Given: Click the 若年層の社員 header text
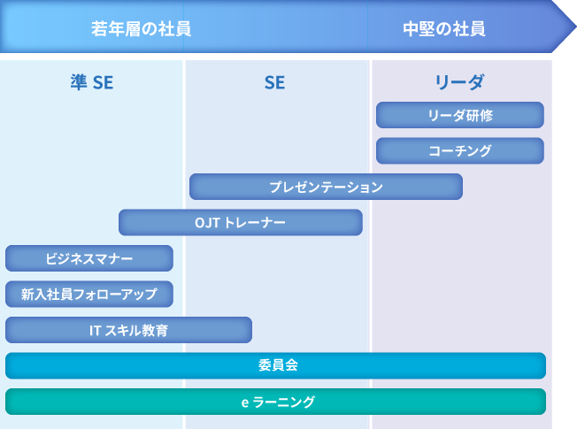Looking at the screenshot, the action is pos(142,28).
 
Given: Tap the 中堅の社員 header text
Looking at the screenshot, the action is pos(444,28).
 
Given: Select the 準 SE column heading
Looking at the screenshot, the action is pos(92,82).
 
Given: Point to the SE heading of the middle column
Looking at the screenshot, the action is pos(274,82).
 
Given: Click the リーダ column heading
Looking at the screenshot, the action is pos(459,82).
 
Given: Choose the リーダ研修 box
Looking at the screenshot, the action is pos(460,115).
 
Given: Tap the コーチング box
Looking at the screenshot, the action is pos(460,151).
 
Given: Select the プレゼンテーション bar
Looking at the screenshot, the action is pos(326,187).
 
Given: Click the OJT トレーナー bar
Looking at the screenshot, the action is pos(241,222).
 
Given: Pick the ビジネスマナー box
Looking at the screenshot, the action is pos(89,258).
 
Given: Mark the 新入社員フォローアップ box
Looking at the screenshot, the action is pos(89,294).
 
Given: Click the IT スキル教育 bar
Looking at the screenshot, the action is pos(129,330).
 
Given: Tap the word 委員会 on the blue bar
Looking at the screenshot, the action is pos(278,365).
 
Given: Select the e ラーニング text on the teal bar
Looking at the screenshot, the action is pos(278,402).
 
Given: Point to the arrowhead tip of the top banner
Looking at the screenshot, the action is pos(576,27).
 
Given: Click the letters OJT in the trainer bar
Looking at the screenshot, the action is pos(208,223).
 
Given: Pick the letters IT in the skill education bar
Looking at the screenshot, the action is pos(95,331).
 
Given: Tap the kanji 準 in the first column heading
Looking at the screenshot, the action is pos(79,82).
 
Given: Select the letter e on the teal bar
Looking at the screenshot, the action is pos(245,402).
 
